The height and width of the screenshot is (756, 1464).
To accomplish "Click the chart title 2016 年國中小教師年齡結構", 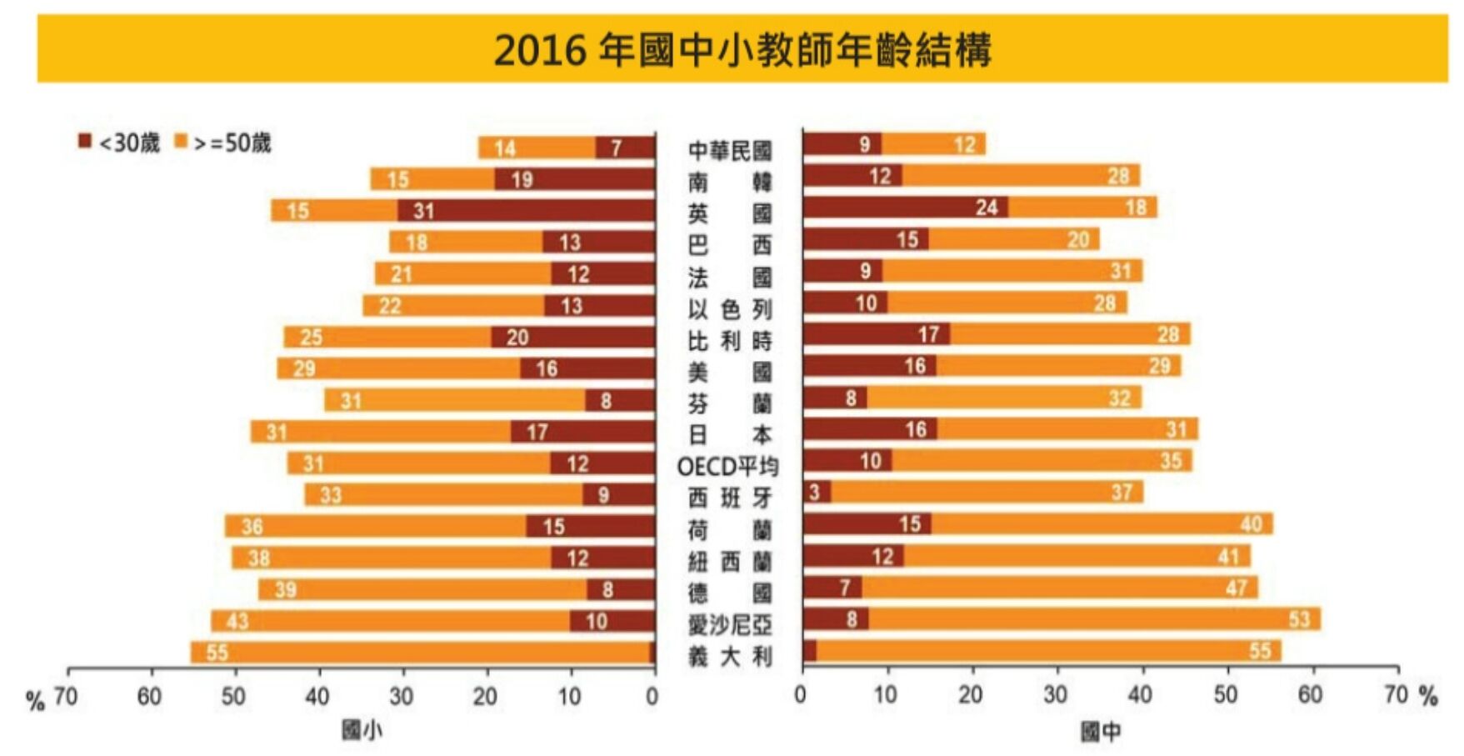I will click(742, 50).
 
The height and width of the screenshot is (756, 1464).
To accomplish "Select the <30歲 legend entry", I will click(118, 143).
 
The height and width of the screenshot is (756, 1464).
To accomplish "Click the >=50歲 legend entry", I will click(222, 143).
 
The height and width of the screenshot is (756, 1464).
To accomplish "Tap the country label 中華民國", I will click(730, 150).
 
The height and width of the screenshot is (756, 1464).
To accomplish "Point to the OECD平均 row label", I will click(727, 465).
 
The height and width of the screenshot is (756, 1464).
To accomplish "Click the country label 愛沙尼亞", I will click(730, 623).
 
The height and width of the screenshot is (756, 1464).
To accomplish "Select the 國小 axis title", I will click(362, 730).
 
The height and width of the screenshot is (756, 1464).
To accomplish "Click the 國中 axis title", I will click(1101, 731).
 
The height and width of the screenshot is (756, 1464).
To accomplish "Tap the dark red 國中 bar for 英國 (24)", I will click(906, 208).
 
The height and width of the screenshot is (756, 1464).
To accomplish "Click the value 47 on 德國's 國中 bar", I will click(1236, 588).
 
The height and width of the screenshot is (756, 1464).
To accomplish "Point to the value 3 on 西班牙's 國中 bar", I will click(814, 493).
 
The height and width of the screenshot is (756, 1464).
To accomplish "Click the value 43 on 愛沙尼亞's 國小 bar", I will click(237, 621).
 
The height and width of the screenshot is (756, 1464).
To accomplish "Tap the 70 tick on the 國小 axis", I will click(66, 695).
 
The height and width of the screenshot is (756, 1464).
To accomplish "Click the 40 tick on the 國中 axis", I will click(1141, 694).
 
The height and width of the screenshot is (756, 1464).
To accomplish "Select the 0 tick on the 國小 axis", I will click(652, 695).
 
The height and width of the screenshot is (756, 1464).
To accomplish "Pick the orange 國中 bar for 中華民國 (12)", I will click(933, 144).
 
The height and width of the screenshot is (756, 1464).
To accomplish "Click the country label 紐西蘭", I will click(730, 561).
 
